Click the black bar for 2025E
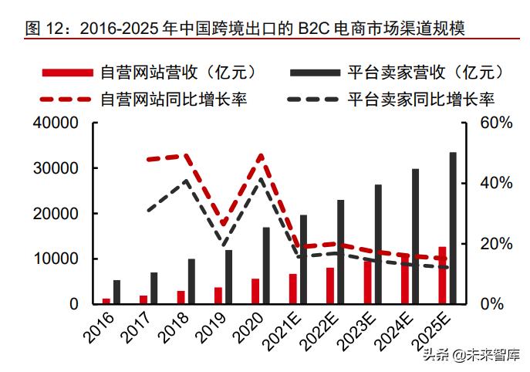(x=453, y=228)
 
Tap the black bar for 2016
(x=117, y=292)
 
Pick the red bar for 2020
(x=255, y=291)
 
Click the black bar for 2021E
(x=303, y=259)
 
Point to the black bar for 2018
(x=191, y=281)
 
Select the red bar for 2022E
(x=330, y=286)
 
